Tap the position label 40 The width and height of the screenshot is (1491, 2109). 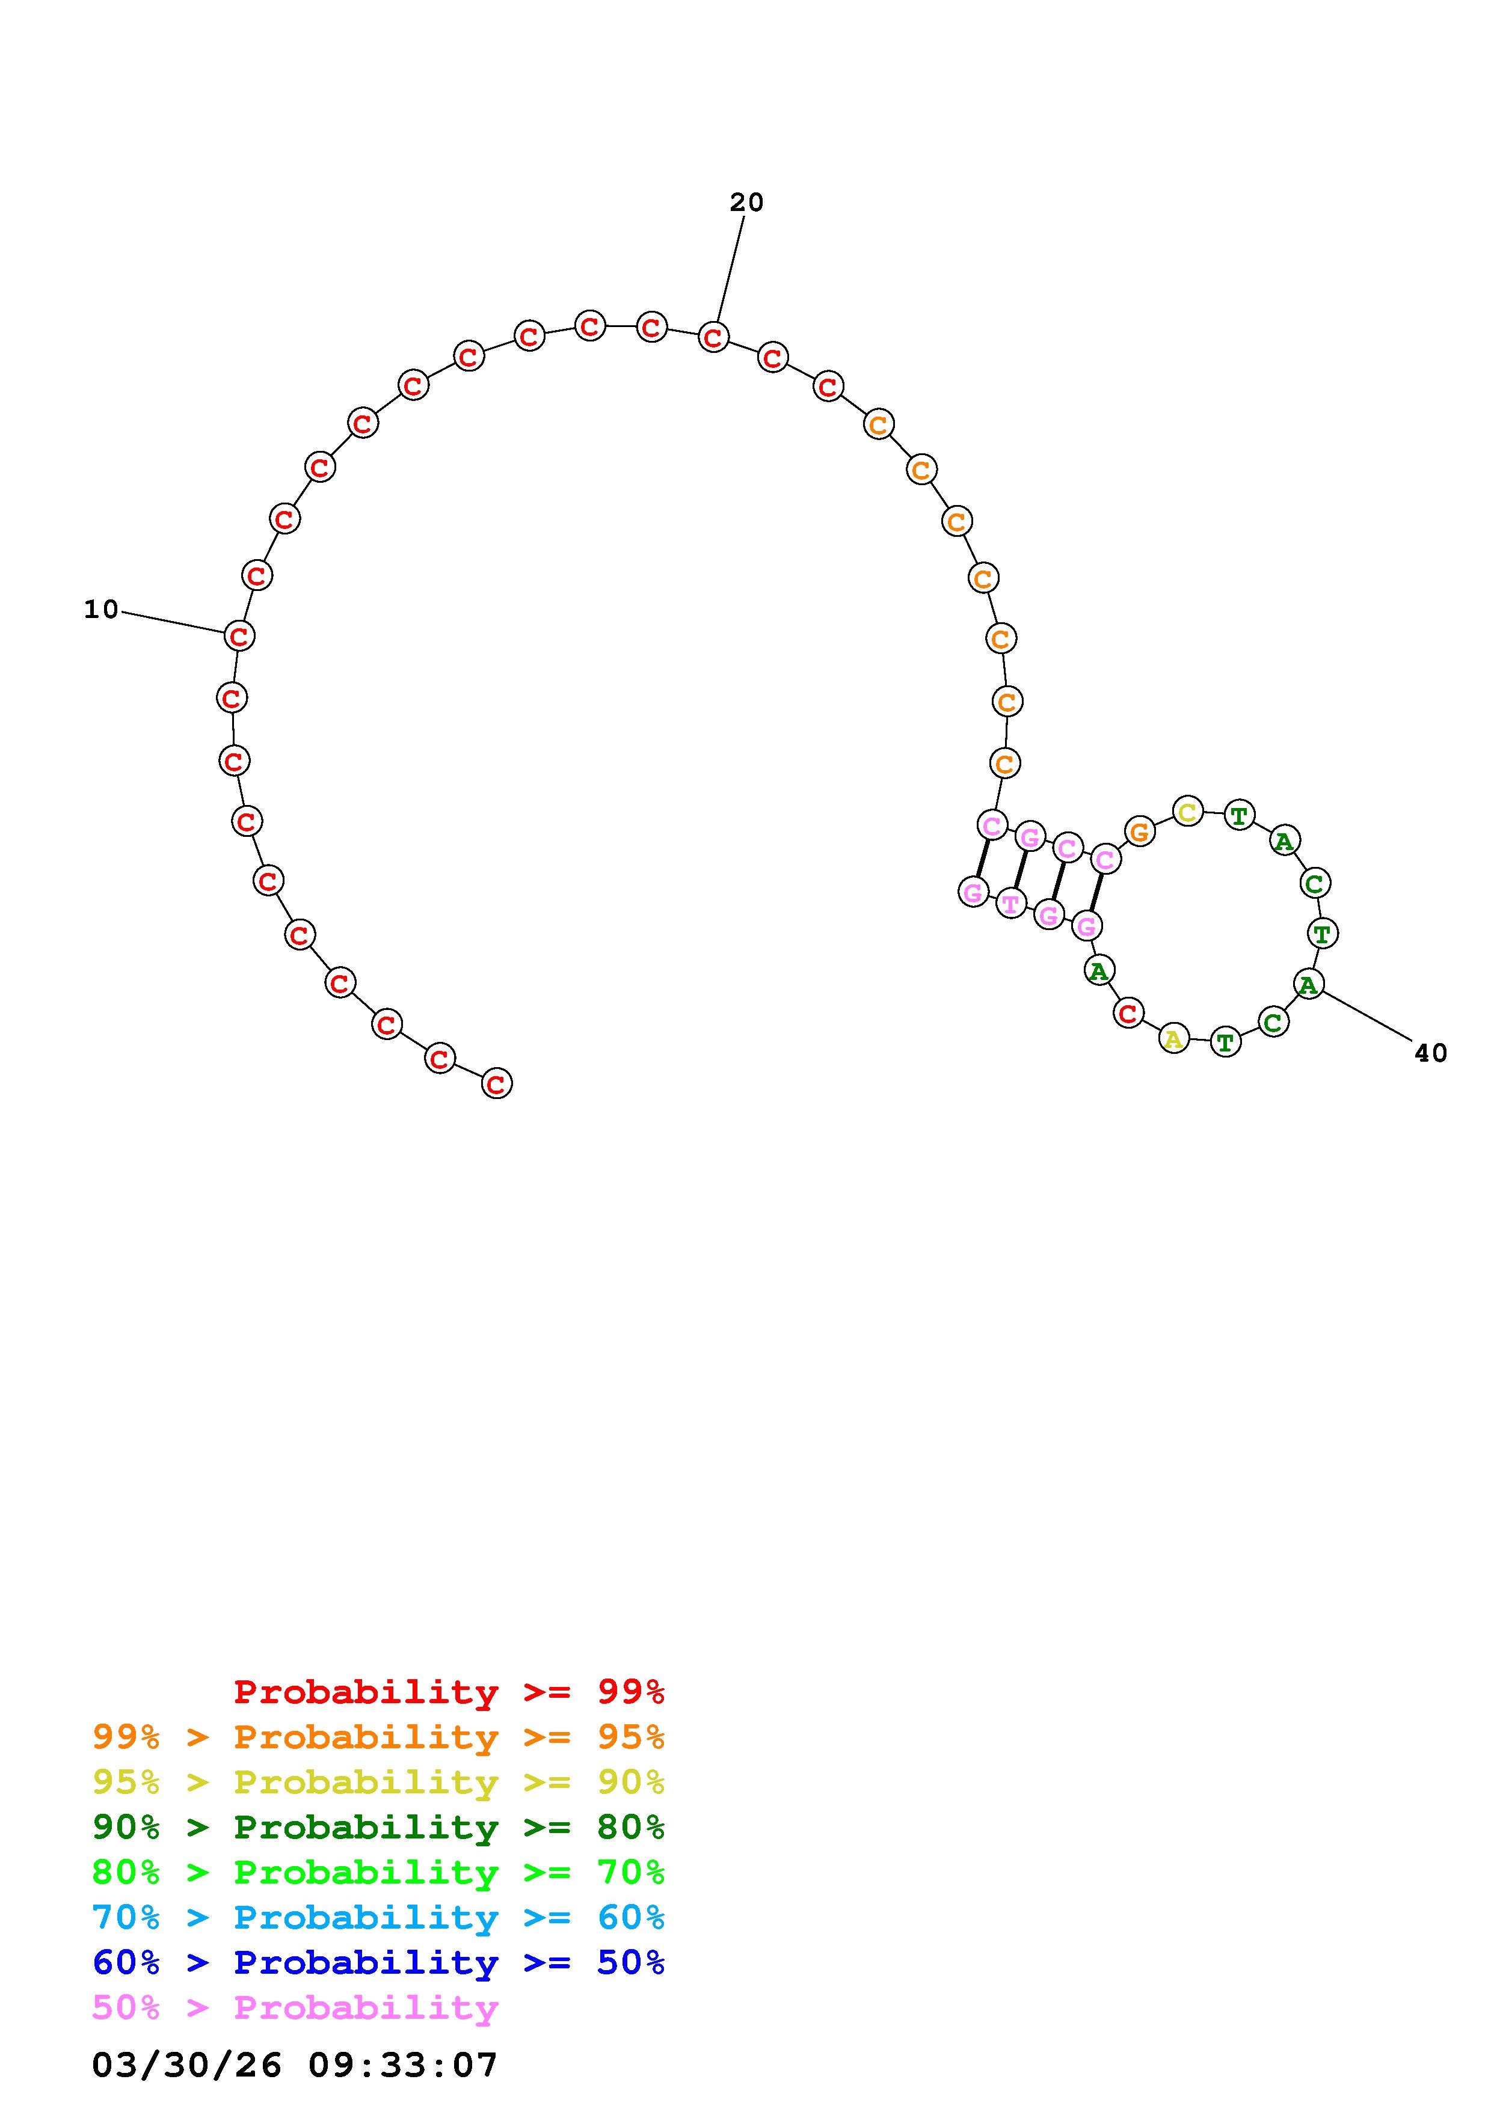click(x=1430, y=1053)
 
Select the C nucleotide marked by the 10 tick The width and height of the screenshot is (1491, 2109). click(x=239, y=635)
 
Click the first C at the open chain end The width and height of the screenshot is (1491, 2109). click(x=496, y=1084)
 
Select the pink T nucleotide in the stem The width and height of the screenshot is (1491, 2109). click(x=1010, y=904)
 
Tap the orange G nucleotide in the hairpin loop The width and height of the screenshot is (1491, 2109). click(x=1139, y=832)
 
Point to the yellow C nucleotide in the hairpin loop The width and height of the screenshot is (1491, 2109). click(x=1188, y=812)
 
